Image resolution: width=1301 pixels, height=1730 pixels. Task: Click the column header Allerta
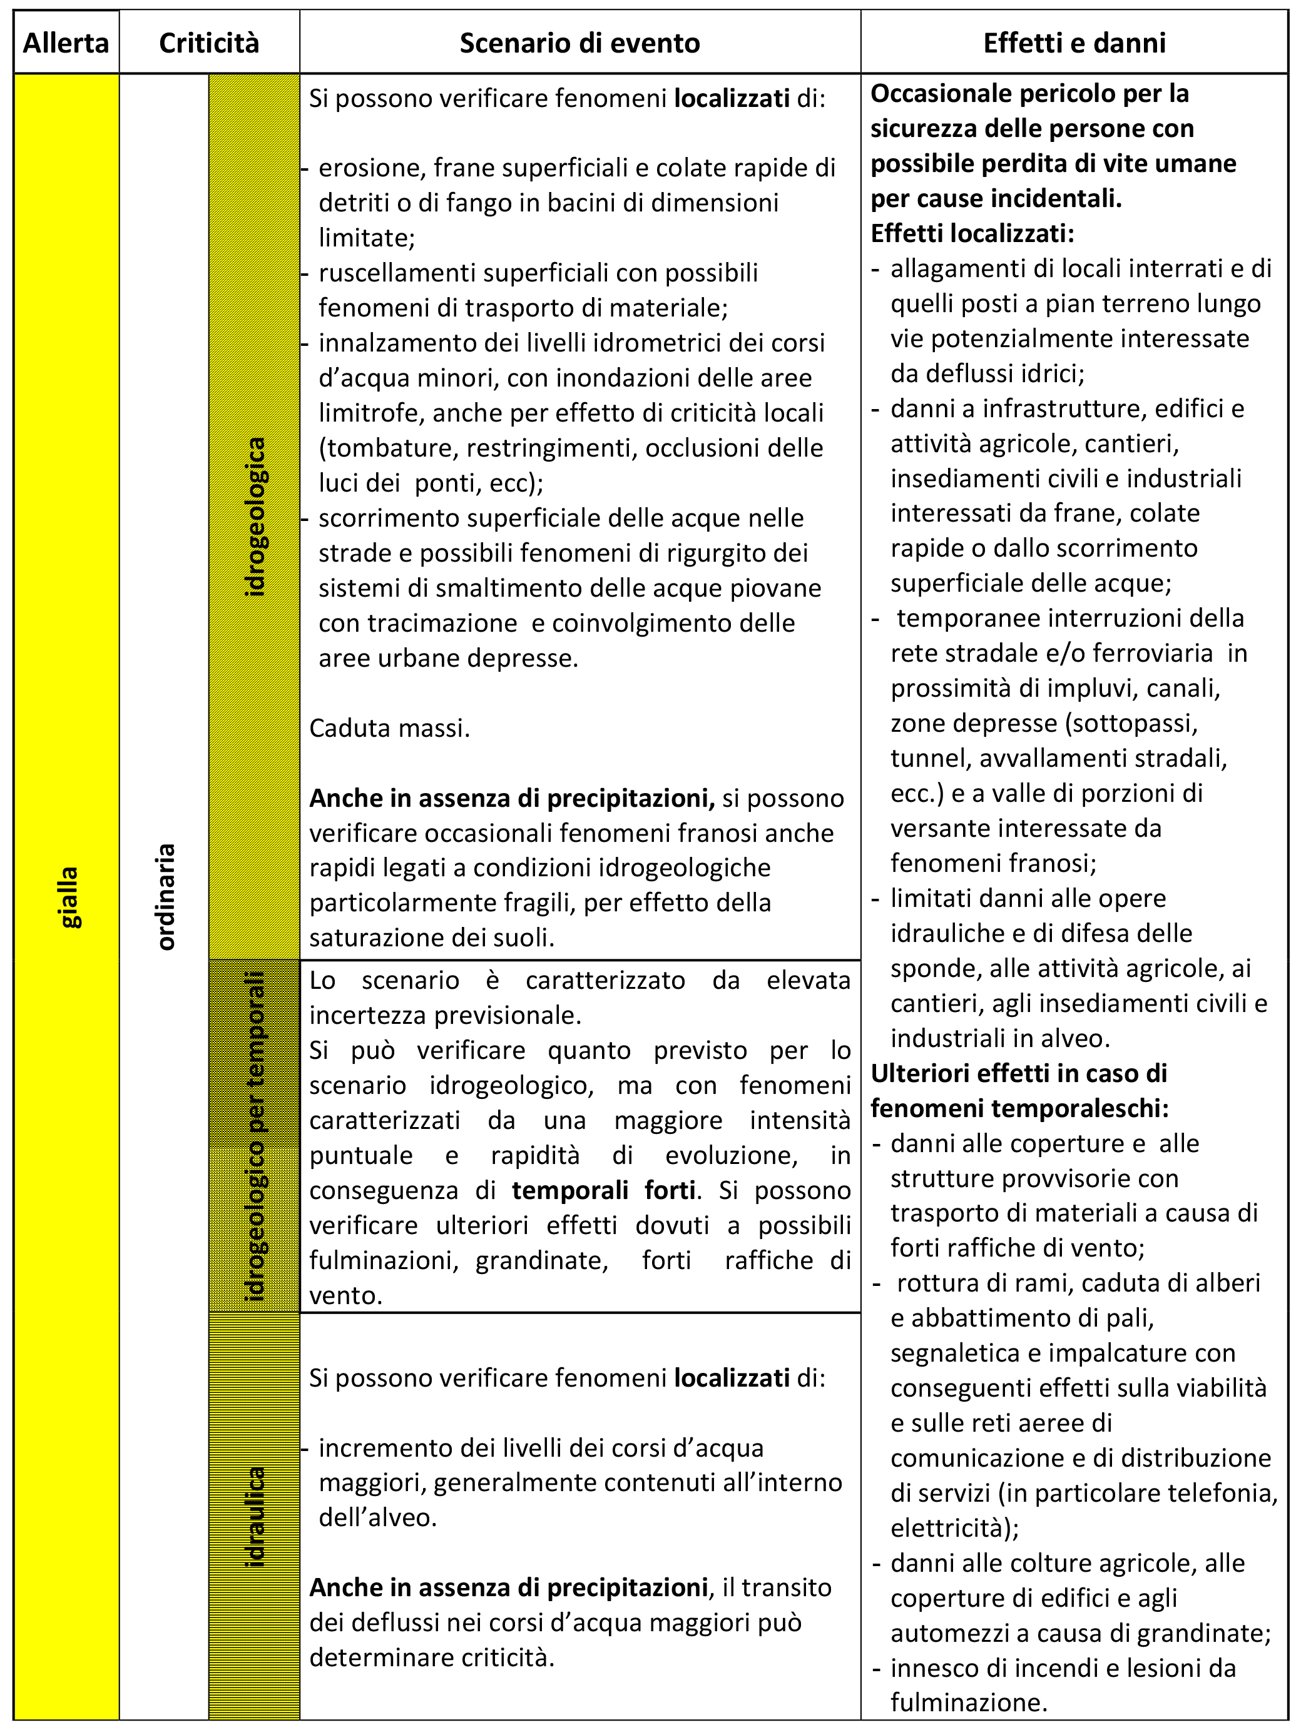66,43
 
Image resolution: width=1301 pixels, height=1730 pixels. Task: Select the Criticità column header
209,43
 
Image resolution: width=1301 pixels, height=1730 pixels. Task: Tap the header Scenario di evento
579,43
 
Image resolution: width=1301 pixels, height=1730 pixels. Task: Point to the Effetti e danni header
1074,43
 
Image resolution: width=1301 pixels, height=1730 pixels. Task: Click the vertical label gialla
69,897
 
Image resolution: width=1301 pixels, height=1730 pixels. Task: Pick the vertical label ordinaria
166,897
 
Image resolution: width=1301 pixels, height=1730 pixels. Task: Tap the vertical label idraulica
255,1518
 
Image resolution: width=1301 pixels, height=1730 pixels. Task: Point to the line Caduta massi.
390,728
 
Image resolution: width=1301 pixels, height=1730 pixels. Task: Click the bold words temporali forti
603,1190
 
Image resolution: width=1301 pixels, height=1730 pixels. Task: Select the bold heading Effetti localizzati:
972,233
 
